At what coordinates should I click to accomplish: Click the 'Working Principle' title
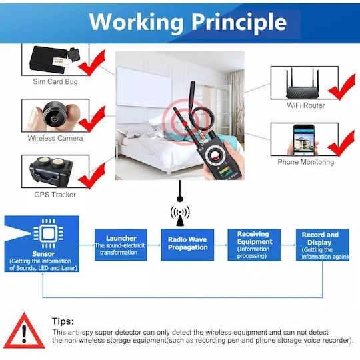coord(188,23)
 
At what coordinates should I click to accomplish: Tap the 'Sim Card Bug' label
coord(55,81)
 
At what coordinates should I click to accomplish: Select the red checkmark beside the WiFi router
coord(341,87)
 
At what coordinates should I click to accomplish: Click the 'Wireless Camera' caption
coord(55,138)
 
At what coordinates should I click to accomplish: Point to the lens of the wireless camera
coord(55,119)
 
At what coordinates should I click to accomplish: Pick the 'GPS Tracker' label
coord(55,195)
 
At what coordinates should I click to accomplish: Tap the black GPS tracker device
coord(51,171)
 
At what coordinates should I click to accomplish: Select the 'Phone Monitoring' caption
coord(306,162)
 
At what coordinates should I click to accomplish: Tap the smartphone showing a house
coord(303,140)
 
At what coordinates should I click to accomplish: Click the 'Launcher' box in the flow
coord(121,245)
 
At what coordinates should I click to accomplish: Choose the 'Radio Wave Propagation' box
coord(187,245)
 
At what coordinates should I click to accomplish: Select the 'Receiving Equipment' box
coord(254,245)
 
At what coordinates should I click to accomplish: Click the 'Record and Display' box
coord(323,245)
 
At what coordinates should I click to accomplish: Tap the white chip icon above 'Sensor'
coord(49,233)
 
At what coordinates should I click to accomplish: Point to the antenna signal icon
coord(180,215)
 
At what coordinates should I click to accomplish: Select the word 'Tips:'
coord(63,321)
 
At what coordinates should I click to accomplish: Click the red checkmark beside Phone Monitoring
coord(341,143)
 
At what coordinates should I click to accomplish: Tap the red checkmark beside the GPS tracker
coord(92,176)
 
